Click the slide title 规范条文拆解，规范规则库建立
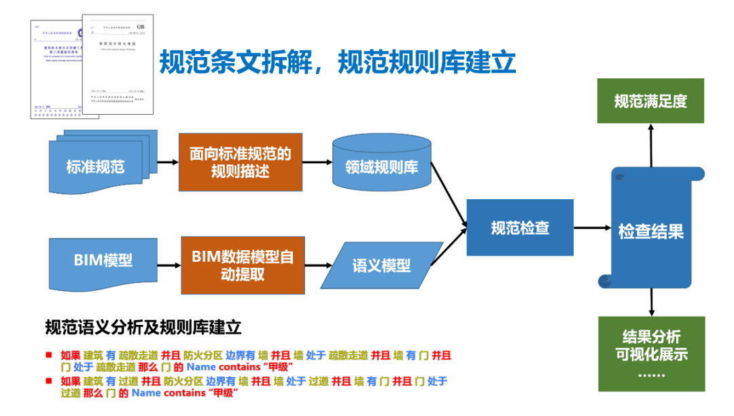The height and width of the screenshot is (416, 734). coord(338,63)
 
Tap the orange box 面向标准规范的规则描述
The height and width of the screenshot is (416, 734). coord(240,162)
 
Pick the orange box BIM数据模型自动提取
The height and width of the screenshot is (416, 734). coord(242,265)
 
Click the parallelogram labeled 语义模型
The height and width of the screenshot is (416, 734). coord(381,265)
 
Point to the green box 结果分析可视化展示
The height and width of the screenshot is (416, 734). coord(651,353)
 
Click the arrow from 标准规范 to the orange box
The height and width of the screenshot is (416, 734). coord(167,163)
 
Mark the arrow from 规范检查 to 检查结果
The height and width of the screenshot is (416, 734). coord(591,228)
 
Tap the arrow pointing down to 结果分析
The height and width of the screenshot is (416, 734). coord(651,302)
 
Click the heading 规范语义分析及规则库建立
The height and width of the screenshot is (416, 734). coord(143,328)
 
